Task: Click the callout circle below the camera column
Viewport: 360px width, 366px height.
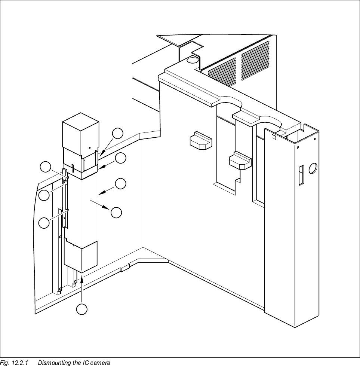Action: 82,309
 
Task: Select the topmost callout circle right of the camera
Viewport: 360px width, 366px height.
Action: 118,133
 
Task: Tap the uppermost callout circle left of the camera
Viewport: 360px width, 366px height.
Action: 46,167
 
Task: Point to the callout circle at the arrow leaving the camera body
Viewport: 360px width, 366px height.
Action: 116,212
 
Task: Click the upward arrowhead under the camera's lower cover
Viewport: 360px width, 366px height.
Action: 81,277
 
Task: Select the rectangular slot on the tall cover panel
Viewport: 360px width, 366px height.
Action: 301,175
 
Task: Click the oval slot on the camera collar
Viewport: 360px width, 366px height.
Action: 73,167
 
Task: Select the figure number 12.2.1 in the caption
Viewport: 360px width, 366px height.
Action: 21,363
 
